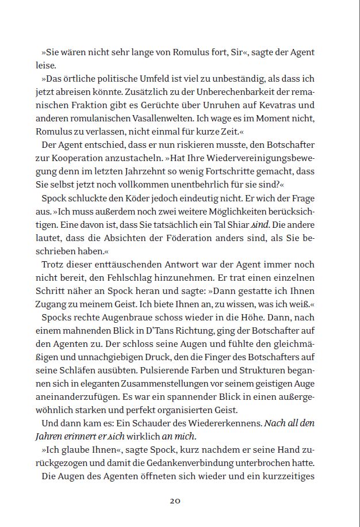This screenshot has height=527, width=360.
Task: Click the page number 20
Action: coord(175,501)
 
